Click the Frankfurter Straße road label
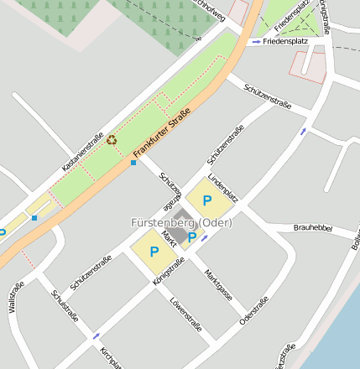click(x=162, y=132)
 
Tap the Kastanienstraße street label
click(x=82, y=153)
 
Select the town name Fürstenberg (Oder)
click(x=181, y=223)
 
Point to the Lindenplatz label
click(x=224, y=188)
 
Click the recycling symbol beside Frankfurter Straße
click(x=112, y=139)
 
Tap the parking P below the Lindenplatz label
click(x=206, y=201)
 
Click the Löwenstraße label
click(x=185, y=314)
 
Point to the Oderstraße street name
click(x=254, y=309)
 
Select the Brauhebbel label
click(x=313, y=228)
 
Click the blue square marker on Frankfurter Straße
click(x=133, y=163)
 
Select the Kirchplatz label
click(x=110, y=358)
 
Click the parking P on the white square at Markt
click(x=192, y=238)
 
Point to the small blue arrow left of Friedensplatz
click(x=256, y=41)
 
